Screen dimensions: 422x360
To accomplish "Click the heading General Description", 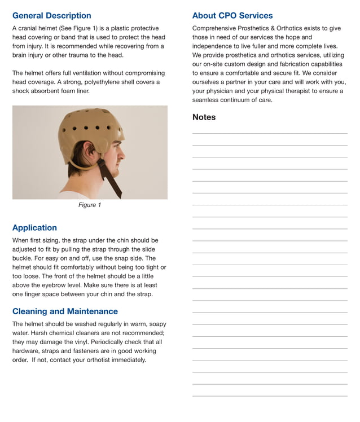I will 51,16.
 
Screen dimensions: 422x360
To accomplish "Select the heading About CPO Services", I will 232,16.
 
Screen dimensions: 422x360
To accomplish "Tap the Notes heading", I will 204,117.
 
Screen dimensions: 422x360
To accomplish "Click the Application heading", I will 34,228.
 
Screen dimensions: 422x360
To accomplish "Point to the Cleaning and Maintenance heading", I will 65,311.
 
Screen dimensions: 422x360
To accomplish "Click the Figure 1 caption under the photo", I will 90,205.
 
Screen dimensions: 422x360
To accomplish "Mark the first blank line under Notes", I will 269,134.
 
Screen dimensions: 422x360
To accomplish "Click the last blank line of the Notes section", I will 269,396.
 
